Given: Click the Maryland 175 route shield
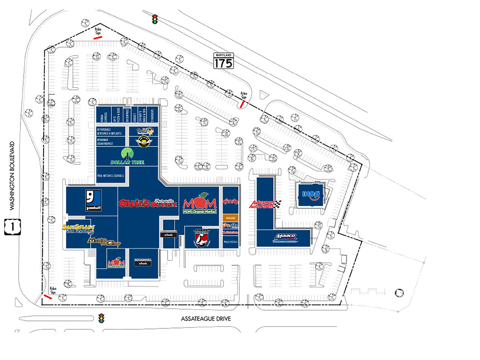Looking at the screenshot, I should pyautogui.click(x=223, y=61).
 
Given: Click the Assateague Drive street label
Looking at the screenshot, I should pyautogui.click(x=206, y=319).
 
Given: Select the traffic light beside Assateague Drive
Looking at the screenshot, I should pyautogui.click(x=101, y=319).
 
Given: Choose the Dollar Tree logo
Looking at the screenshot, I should pyautogui.click(x=127, y=157).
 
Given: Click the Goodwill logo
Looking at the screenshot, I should pyautogui.click(x=94, y=200).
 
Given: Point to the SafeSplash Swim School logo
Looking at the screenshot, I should pyautogui.click(x=79, y=228).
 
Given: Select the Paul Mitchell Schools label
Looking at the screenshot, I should pyautogui.click(x=110, y=176).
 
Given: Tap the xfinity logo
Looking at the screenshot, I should pyautogui.click(x=230, y=202).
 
